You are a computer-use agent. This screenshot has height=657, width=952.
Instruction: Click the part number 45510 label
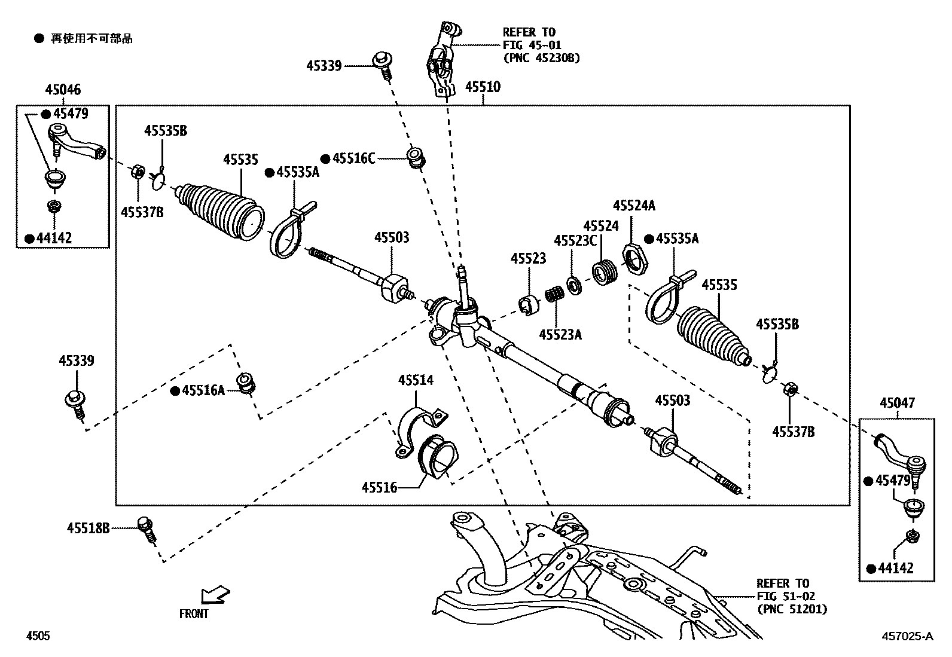coord(483,87)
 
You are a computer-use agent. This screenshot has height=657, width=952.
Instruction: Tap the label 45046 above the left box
coord(63,90)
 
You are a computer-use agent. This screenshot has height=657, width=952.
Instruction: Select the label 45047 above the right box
coord(897,403)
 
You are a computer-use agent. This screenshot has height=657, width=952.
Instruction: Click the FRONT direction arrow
coord(215,595)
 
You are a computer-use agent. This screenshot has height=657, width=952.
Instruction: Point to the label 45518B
coord(89,528)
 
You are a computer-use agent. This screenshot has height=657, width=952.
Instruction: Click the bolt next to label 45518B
coord(147,530)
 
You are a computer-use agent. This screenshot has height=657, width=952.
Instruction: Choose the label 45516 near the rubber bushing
coord(379,488)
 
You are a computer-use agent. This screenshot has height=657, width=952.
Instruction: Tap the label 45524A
coord(634,206)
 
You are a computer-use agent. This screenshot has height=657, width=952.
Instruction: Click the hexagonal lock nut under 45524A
coord(634,259)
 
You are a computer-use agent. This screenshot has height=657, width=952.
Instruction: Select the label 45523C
coord(575,241)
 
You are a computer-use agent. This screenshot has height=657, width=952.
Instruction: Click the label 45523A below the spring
coord(560,335)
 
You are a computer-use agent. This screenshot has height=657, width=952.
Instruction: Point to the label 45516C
coord(353,158)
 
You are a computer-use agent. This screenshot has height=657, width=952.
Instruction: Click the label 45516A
coord(203,391)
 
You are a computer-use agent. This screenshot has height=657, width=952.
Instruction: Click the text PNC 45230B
coord(542,59)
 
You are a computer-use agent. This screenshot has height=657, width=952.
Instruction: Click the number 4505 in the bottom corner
coord(38,636)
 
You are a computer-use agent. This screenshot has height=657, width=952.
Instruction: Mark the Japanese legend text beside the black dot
coord(91,39)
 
